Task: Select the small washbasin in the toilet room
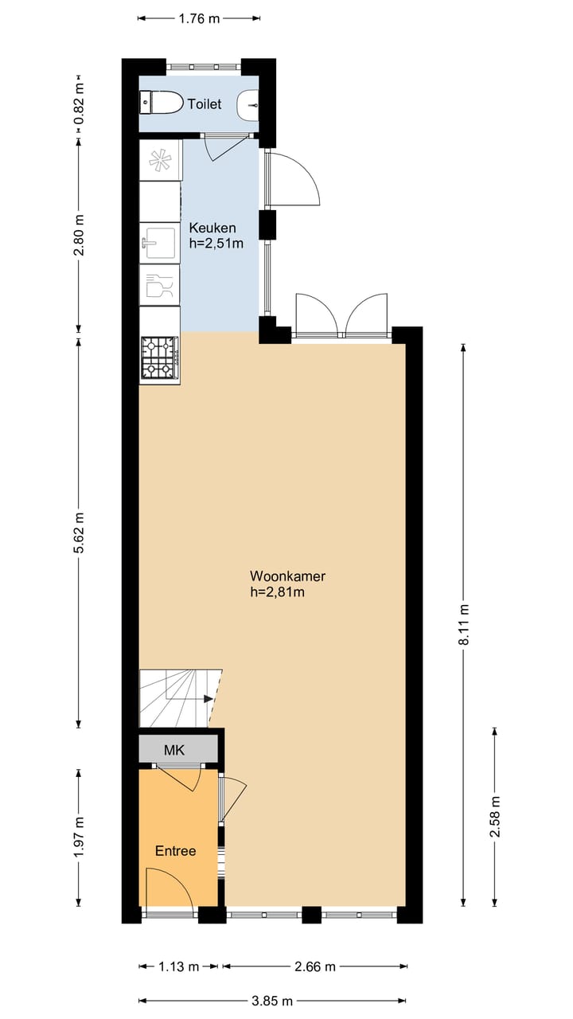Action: coord(251,104)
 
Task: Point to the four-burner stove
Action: coord(158,358)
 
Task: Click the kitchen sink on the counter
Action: coord(159,243)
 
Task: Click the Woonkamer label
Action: coord(287,576)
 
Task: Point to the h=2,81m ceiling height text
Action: coord(278,591)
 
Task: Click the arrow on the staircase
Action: coord(208,699)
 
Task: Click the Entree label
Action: coord(175,851)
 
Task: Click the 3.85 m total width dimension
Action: coord(273,1001)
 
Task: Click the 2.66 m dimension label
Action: coord(315,966)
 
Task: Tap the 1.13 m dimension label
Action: coord(178,966)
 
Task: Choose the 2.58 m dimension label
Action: coord(495,817)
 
